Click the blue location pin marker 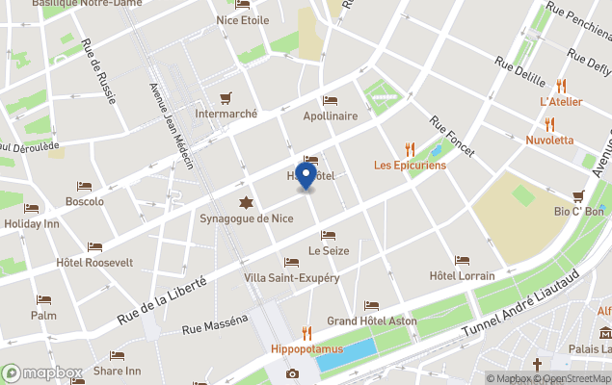click(x=306, y=177)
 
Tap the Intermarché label click(x=226, y=114)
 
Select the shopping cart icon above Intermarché click(x=226, y=97)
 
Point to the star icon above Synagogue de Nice click(x=248, y=202)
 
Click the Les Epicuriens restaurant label click(x=410, y=165)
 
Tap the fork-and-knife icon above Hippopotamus click(x=306, y=332)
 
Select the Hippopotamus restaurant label click(x=306, y=348)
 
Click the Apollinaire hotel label click(x=330, y=115)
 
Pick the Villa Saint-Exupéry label click(x=292, y=278)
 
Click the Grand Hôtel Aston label click(x=371, y=321)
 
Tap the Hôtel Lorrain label click(x=462, y=276)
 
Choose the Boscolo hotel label click(x=84, y=202)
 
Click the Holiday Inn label click(x=32, y=224)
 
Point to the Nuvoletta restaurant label click(x=549, y=140)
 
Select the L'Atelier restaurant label click(x=559, y=101)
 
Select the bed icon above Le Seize click(x=328, y=236)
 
